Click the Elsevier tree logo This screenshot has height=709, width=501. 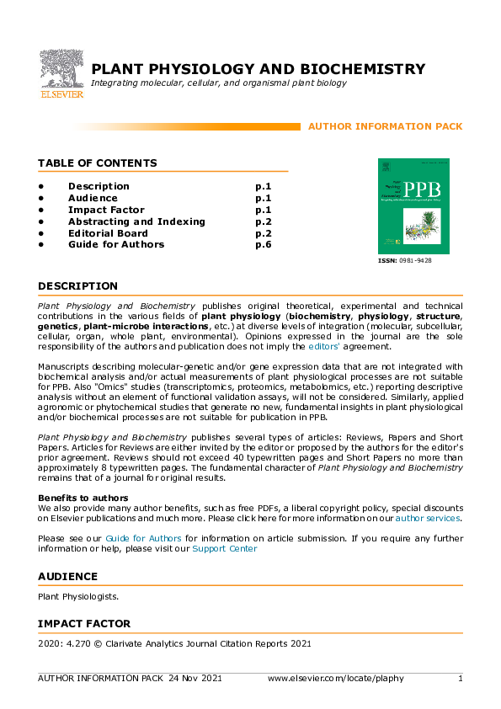click(61, 72)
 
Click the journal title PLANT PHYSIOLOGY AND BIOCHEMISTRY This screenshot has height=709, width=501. click(258, 69)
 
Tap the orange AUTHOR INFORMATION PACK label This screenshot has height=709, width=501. click(385, 126)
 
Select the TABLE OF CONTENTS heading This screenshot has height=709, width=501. click(97, 163)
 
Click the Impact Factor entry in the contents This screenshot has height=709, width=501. click(106, 210)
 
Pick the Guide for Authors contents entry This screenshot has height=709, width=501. click(116, 245)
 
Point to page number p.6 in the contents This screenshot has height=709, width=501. click(263, 245)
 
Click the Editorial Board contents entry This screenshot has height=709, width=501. click(108, 233)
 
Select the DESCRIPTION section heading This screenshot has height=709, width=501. click(77, 286)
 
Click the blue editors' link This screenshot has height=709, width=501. click(326, 346)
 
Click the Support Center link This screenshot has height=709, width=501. click(224, 548)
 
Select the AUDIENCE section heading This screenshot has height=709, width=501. click(67, 577)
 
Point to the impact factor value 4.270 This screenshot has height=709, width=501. click(78, 644)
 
